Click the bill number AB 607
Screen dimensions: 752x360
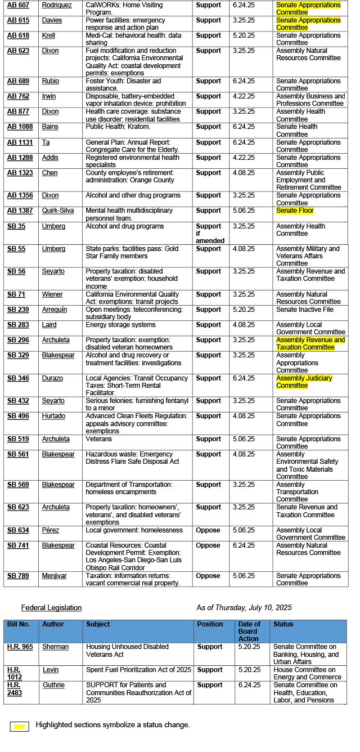pyautogui.click(x=18, y=5)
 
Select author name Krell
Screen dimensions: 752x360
pyautogui.click(x=48, y=35)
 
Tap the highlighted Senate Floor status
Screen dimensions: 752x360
pyautogui.click(x=295, y=211)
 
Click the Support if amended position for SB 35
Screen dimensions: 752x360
pyautogui.click(x=210, y=233)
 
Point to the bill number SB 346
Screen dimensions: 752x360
pyautogui.click(x=18, y=378)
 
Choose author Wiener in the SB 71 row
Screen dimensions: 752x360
pyautogui.click(x=52, y=294)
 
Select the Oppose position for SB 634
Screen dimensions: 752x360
pyautogui.click(x=208, y=530)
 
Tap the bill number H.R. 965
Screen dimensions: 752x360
pyautogui.click(x=20, y=647)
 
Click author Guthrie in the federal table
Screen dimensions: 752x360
pyautogui.click(x=54, y=685)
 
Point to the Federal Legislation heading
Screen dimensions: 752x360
pyautogui.click(x=51, y=607)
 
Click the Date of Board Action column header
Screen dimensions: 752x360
pyautogui.click(x=249, y=631)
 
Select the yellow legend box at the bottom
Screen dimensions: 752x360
pyautogui.click(x=19, y=727)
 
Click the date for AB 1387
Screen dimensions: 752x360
pyautogui.click(x=242, y=211)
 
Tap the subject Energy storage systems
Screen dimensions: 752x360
pyautogui.click(x=120, y=325)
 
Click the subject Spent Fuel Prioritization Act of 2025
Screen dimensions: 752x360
pyautogui.click(x=138, y=670)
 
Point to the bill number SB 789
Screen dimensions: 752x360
pyautogui.click(x=18, y=576)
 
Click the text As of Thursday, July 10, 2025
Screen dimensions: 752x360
pyautogui.click(x=244, y=607)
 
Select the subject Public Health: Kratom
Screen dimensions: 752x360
pyautogui.click(x=118, y=127)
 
